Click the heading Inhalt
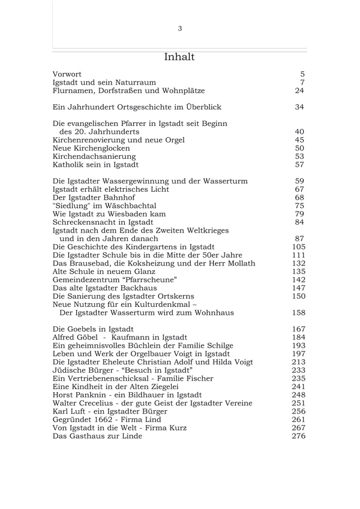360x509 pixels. (179, 57)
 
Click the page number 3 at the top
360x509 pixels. (180, 28)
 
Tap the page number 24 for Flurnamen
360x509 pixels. (300, 91)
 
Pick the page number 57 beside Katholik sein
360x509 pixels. (300, 164)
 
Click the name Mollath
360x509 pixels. (239, 263)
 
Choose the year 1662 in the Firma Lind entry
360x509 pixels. (103, 420)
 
